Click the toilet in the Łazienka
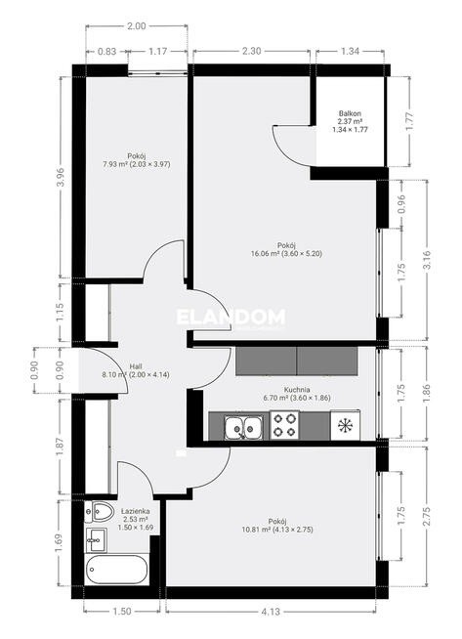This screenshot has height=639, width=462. pos(99,512)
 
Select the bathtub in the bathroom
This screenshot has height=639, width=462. pos(117,570)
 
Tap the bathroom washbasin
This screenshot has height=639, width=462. pos(96,540)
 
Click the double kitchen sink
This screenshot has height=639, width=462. pos(243,428)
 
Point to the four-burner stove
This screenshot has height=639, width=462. pos(284,425)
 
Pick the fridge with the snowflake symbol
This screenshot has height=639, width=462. pos(345,425)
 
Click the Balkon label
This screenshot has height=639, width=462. pos(350,113)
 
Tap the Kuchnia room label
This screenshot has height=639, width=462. pos(297,390)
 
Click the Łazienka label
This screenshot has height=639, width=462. pos(135,511)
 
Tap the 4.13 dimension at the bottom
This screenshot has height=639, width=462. pos(271,612)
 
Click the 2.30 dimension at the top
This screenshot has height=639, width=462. pos(251,51)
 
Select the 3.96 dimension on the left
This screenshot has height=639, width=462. pos(61,177)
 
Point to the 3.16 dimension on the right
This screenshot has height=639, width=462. pos(427,260)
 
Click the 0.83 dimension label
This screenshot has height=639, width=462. pos(107,52)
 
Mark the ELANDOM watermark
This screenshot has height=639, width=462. pos(231,317)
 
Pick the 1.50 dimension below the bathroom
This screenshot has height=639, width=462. pos(122,612)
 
